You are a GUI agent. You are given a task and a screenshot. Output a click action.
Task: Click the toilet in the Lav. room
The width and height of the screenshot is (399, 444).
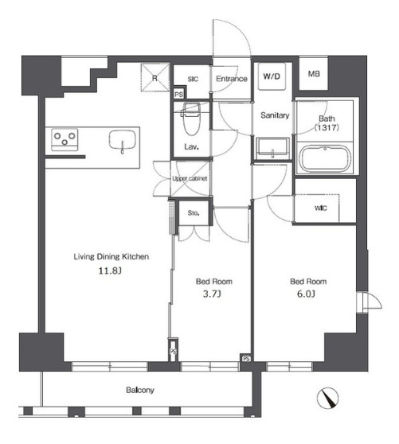pos(190,119)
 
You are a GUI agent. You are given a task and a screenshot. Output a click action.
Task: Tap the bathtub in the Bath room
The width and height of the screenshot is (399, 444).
pos(325,158)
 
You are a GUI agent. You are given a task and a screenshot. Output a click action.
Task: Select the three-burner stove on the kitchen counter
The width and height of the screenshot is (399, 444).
pos(65,139)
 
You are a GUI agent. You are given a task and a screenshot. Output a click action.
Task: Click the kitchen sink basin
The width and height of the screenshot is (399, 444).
pos(123,140)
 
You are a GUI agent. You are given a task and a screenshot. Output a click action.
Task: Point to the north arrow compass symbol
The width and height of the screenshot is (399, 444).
pos(327,398)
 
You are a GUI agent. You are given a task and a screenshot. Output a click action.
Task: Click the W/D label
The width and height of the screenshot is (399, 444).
pos(272,76)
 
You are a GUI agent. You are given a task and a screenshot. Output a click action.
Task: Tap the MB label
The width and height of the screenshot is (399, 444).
pos(314,74)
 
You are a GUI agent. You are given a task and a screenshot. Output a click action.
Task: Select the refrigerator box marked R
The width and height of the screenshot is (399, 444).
pos(155,77)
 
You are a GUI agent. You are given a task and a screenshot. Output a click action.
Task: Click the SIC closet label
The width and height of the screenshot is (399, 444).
pos(193,79)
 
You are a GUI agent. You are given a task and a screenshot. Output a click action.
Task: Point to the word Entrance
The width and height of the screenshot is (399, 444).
pos(232,79)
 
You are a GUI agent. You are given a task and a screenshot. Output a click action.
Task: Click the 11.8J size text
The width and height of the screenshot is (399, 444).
pos(110,271)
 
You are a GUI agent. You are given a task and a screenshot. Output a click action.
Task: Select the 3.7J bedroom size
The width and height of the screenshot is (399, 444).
pos(212,294)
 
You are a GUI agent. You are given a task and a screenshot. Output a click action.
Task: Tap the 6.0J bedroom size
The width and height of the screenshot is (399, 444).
pos(306,294)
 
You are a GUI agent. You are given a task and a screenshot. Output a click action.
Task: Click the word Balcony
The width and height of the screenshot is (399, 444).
pos(140,390)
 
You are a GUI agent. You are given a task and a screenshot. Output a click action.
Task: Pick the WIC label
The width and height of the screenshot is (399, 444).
pos(320,208)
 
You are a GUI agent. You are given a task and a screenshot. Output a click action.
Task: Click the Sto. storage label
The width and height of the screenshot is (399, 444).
pos(194,213)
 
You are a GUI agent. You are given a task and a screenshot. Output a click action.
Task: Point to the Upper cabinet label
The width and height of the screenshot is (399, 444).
pos(190,179)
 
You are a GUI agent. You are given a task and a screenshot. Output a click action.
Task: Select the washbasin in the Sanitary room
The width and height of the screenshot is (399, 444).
pos(272,149)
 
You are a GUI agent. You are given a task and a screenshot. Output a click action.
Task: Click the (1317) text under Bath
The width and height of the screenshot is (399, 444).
pos(327,127)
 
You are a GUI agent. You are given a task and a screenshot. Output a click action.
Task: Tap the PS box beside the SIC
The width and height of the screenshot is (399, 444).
pos(178,95)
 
